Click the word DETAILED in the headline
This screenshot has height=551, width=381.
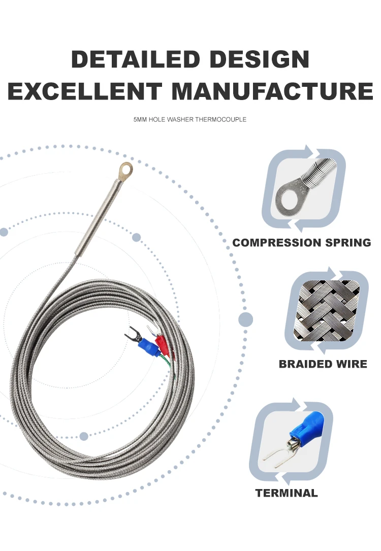point(134,60)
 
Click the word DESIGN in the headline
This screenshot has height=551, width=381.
point(260,60)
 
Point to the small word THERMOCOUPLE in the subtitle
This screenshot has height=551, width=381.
point(221,120)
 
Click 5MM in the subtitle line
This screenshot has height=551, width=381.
point(140,120)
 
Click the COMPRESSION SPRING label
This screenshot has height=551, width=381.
point(302,243)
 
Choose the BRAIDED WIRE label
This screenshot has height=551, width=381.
point(323,364)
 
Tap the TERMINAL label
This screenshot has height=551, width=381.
point(287,493)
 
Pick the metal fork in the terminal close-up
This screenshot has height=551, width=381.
point(277,456)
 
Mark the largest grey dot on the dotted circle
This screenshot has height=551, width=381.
point(246,319)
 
